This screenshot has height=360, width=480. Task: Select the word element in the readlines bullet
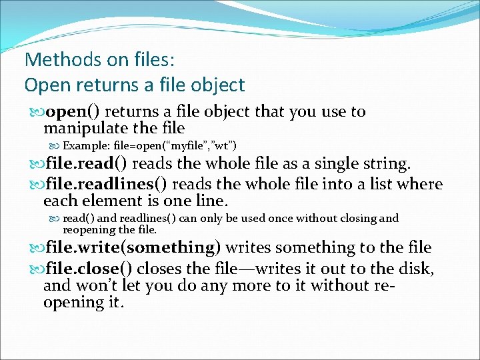[x=111, y=201]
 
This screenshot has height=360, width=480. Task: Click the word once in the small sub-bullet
[x=285, y=218]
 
